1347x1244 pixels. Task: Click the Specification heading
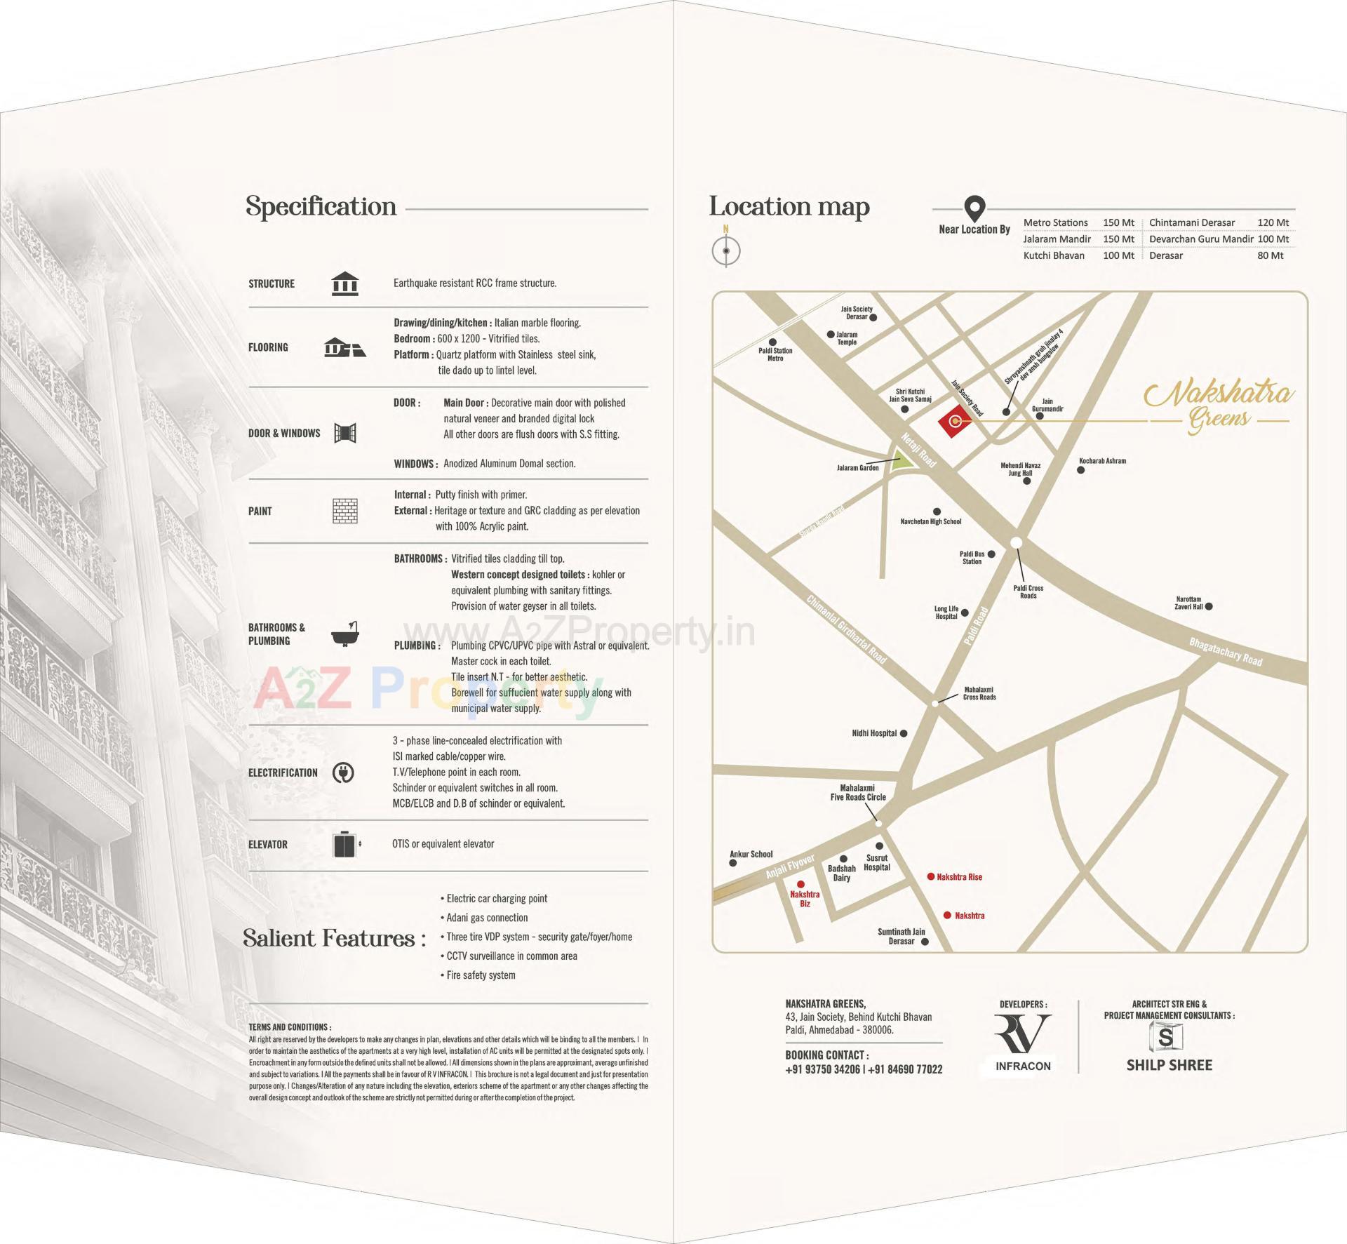[x=321, y=206]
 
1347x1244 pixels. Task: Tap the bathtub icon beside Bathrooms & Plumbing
[x=344, y=634]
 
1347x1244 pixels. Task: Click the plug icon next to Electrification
[x=343, y=773]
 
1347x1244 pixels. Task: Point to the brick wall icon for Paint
[x=344, y=511]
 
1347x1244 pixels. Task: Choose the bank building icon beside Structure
[x=344, y=283]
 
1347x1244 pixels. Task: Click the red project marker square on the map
[x=955, y=422]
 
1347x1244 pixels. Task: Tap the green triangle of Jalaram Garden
[x=902, y=462]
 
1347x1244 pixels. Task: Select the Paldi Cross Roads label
[x=1028, y=591]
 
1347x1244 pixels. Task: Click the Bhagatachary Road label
[x=1225, y=652]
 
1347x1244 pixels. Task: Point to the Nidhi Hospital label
[x=874, y=733]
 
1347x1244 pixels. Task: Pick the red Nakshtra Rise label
[x=959, y=877]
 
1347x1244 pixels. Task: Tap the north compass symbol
[x=726, y=250]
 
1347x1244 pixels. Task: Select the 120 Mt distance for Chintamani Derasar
[x=1273, y=222]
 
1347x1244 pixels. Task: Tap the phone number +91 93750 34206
[x=822, y=1069]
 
